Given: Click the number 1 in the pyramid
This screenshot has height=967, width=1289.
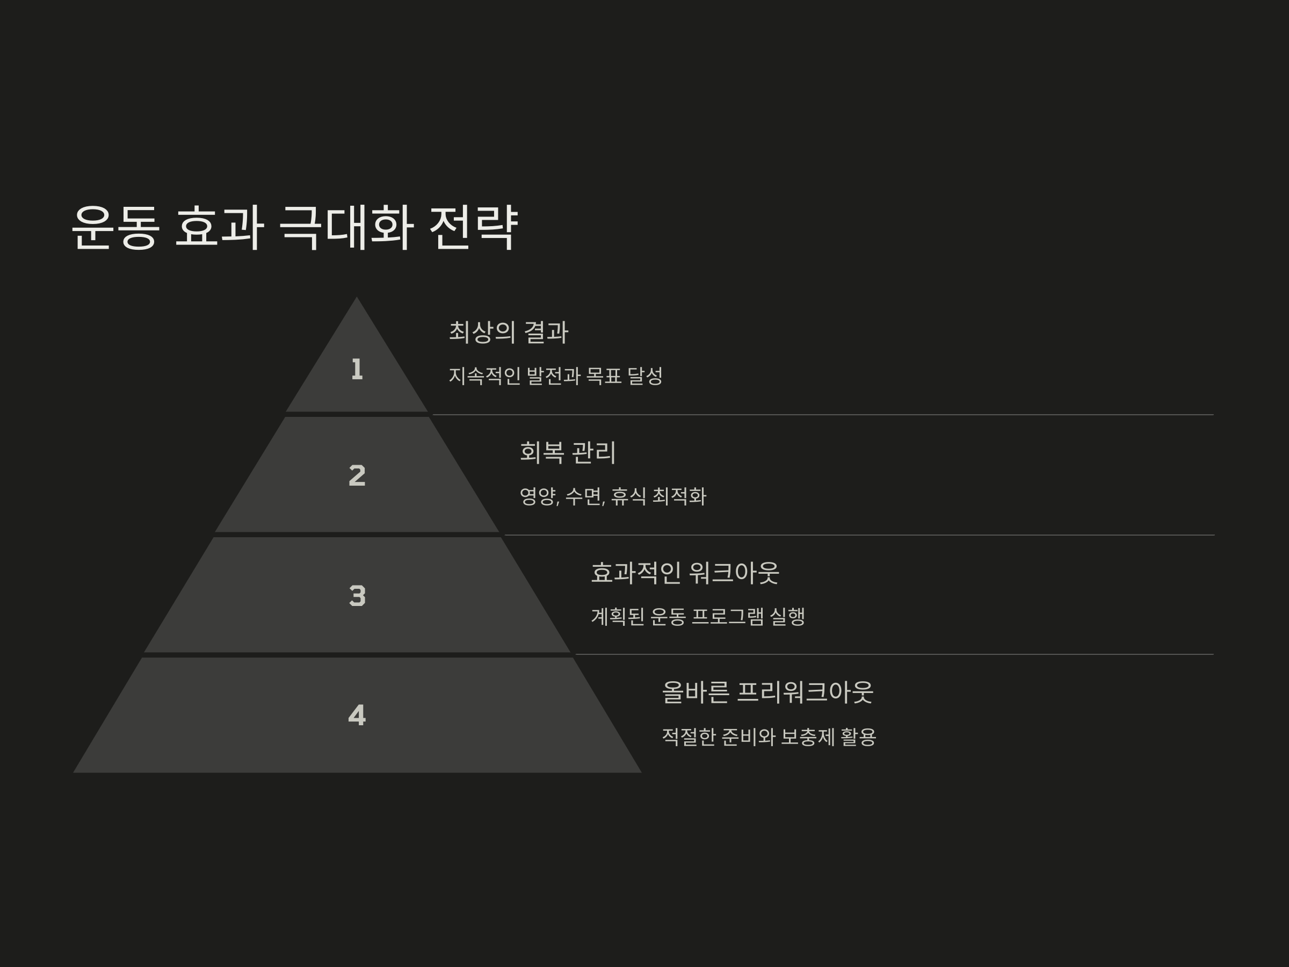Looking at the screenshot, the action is coord(357,370).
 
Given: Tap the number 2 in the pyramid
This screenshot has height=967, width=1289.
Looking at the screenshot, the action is coord(357,475).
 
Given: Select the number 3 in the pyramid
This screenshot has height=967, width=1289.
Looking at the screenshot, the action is coord(357,596).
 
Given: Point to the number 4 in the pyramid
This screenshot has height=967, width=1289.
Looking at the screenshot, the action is coord(357,715).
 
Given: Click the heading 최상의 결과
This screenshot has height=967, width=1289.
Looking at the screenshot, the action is coord(508,332).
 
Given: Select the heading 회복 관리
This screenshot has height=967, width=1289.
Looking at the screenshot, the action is coord(567,452).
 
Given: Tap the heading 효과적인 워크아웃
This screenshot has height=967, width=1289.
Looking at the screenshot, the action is coord(685,572).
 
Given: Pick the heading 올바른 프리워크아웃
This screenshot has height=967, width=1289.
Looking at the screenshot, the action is coord(767,692).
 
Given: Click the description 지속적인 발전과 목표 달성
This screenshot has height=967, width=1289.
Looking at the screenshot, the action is coord(555,376).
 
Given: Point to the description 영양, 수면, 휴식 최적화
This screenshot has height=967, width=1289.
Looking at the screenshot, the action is coord(612,496).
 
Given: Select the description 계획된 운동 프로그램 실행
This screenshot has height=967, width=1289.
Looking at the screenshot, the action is coord(698,617).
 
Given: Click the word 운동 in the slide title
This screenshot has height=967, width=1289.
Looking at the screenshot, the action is coord(115,227).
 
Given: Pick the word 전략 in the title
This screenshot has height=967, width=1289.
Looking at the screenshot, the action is coord(473,227).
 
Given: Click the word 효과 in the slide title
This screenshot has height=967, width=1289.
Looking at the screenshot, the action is coord(219,227).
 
